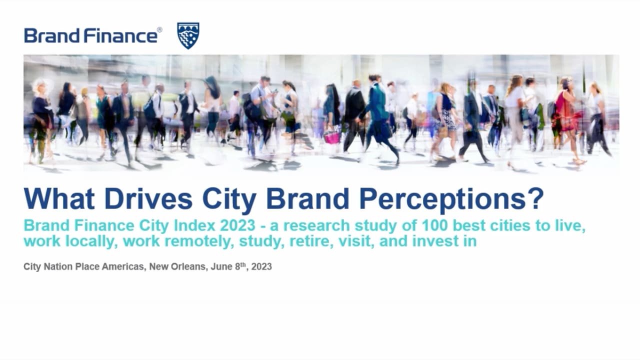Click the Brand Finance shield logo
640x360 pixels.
(x=188, y=35)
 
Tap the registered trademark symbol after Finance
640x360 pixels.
(x=159, y=30)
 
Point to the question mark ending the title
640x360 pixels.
(x=535, y=198)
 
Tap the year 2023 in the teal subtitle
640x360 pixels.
(x=237, y=225)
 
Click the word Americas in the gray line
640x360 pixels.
(x=123, y=266)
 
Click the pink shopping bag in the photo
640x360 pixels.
(x=332, y=137)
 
